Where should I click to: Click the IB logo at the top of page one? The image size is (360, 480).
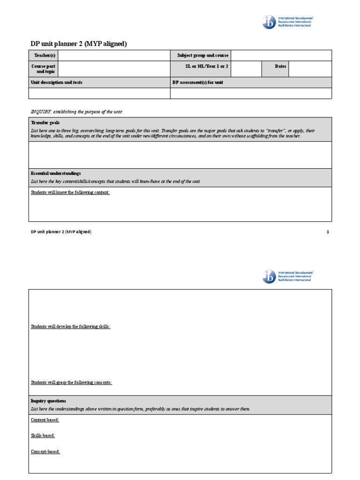coord(270,22)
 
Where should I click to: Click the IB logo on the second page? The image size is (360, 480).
coord(270,277)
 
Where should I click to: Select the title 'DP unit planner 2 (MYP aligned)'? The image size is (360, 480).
coord(79,44)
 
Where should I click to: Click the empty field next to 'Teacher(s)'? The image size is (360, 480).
coord(113,55)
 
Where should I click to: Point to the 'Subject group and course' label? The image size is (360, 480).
coord(202,55)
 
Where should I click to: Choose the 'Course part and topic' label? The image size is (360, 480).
coord(43,69)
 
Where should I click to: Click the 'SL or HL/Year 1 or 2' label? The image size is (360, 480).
coord(207,67)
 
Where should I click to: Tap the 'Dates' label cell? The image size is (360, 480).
coord(280,67)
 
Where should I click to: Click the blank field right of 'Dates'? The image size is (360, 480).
coord(310,69)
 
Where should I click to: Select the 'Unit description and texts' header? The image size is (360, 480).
coord(56,82)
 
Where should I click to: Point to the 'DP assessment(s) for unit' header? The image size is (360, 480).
coord(197,82)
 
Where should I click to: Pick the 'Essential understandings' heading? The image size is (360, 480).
coord(56,173)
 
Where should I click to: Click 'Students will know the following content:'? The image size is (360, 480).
coord(70,192)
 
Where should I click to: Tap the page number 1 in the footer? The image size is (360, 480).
coord(328,232)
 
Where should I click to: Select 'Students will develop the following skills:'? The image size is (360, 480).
coord(71,326)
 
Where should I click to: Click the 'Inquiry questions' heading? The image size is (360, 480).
coord(48,401)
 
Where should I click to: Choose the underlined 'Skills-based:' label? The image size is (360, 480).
coord(43,435)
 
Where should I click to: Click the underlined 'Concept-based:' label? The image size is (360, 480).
coord(45,451)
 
